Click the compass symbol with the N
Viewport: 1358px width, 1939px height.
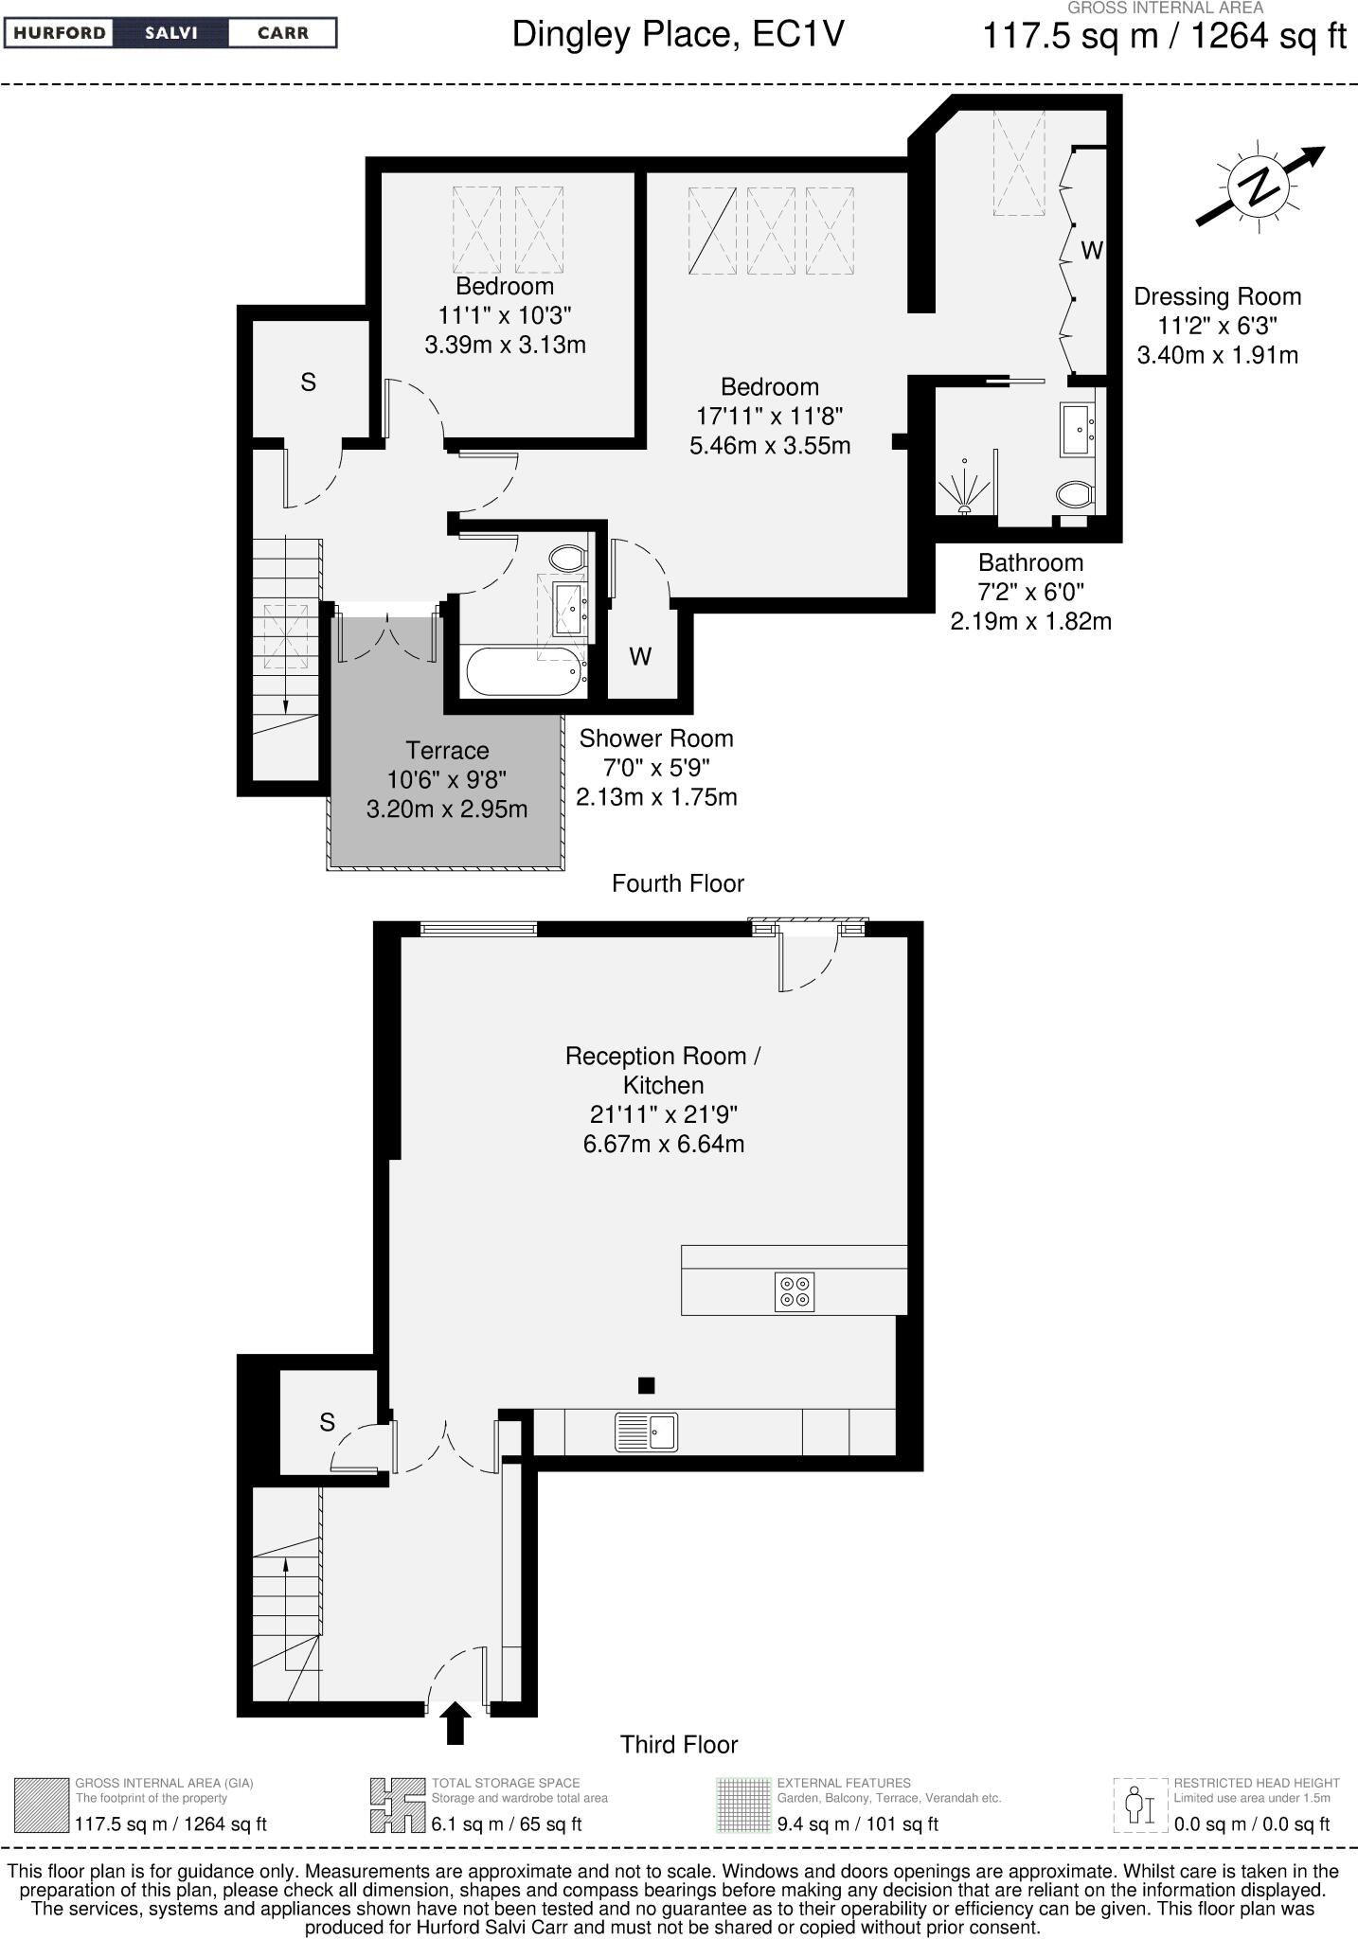(1260, 186)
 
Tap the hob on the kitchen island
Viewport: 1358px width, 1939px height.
(794, 1291)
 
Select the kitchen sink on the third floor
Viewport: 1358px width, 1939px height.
(647, 1432)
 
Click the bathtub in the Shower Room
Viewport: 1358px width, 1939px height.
(522, 672)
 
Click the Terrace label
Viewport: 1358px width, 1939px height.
(447, 751)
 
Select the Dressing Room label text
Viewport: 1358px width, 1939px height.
(1217, 297)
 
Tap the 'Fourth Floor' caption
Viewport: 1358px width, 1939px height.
(678, 883)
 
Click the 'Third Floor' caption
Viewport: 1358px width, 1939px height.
(678, 1745)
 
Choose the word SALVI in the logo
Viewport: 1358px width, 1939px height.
(170, 33)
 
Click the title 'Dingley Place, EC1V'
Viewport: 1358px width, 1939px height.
(677, 35)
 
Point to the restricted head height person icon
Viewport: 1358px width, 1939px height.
(1139, 1806)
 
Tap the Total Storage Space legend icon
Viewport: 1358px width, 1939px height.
(397, 1806)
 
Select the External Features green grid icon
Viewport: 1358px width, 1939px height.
(743, 1806)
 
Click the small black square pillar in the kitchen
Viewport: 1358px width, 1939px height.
(646, 1385)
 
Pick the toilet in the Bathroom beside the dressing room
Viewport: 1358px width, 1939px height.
(1075, 493)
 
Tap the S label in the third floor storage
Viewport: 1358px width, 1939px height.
(327, 1422)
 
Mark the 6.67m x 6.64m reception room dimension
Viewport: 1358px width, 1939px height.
(663, 1144)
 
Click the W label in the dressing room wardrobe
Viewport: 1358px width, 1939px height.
(1092, 251)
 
